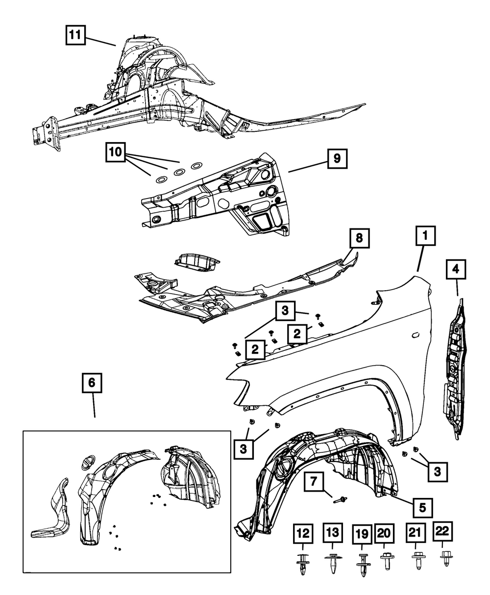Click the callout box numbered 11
click(75, 35)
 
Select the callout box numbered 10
click(115, 152)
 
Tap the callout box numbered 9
click(337, 158)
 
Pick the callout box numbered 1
click(425, 236)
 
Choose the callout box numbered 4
click(456, 269)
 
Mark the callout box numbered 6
click(92, 383)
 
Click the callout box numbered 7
click(314, 482)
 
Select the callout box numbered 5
click(422, 508)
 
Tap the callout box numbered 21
click(415, 533)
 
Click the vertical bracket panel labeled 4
click(455, 371)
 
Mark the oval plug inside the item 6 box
click(87, 463)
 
